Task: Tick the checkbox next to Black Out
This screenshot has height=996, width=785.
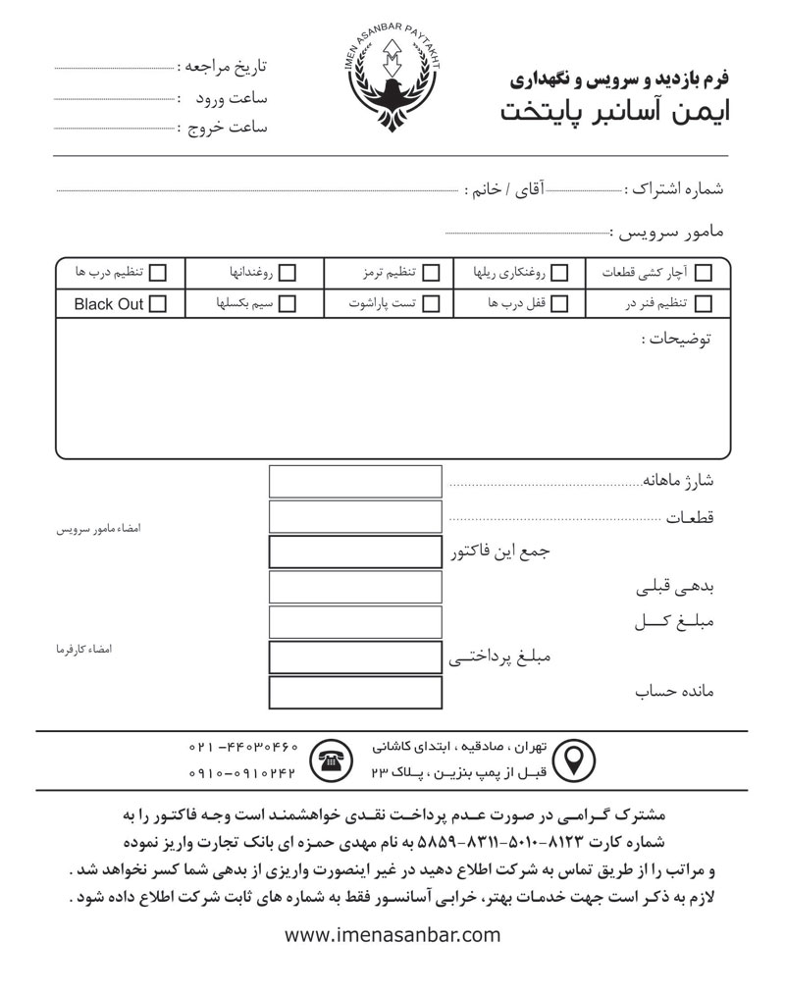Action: point(157,304)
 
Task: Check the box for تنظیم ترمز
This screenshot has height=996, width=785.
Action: point(430,272)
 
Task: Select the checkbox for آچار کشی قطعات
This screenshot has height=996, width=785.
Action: point(704,272)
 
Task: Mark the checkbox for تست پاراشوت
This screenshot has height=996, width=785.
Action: point(430,304)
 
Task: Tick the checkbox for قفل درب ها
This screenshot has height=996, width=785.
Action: point(559,304)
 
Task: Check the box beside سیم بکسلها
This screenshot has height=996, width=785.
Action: point(288,304)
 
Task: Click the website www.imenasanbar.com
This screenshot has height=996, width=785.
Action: point(392,935)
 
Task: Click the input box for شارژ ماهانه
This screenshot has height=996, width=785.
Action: point(355,482)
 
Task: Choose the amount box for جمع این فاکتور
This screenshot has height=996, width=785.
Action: point(355,552)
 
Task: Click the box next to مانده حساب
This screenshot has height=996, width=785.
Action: point(355,693)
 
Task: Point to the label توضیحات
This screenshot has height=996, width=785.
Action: point(676,340)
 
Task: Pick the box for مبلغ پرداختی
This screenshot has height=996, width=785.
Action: point(355,657)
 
